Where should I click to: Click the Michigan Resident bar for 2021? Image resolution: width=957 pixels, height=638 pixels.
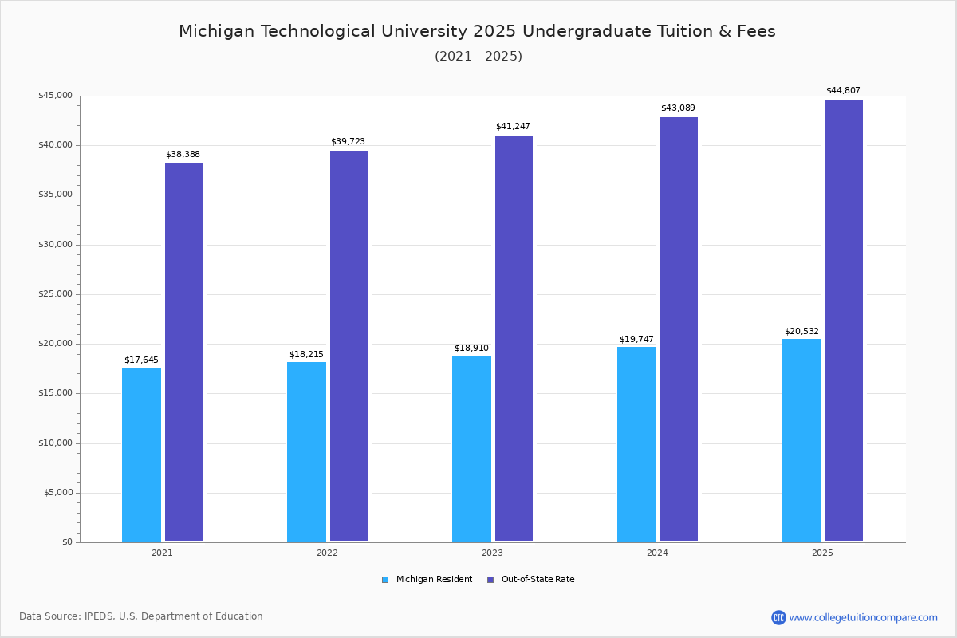tap(141, 455)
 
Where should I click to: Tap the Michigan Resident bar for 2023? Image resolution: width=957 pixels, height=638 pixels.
tap(471, 449)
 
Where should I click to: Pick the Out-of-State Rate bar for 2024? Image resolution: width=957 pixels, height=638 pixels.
tap(679, 329)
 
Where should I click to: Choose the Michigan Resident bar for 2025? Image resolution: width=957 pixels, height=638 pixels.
tap(801, 440)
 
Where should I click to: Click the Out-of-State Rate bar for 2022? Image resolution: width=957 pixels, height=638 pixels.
tap(349, 346)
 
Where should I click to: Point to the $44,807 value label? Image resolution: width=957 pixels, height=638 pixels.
tap(843, 91)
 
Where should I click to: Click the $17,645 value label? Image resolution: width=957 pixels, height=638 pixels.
tap(141, 360)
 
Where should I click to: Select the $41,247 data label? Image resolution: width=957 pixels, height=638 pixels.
tap(513, 127)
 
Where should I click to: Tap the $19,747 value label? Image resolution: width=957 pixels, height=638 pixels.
tap(636, 340)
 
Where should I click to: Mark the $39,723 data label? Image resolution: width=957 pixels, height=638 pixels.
tap(348, 142)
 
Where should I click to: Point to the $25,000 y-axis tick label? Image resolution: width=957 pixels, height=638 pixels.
tap(55, 294)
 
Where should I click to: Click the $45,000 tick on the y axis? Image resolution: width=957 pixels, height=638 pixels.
tap(55, 96)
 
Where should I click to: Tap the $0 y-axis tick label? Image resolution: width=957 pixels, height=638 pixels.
tap(66, 542)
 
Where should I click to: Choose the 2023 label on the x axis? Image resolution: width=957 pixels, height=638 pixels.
tap(492, 553)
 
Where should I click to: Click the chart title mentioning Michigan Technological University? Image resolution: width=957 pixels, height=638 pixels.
tap(477, 32)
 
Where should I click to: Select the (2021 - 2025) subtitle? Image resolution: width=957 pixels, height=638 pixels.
tap(478, 57)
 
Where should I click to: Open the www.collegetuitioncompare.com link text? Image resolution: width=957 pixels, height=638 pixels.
tap(863, 617)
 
